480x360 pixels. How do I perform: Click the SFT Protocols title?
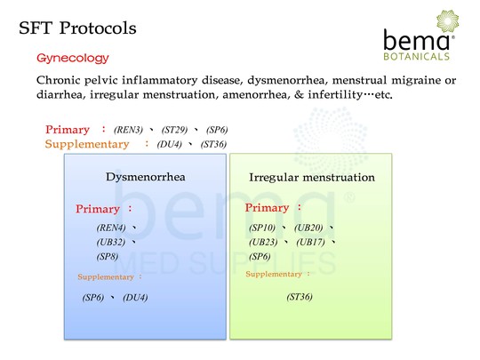pos(77,28)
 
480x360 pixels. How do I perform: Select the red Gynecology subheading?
pos(73,58)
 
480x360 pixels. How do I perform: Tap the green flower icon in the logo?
pos(447,20)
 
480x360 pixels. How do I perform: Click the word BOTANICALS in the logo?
pos(416,56)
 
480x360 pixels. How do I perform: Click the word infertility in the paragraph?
pos(335,94)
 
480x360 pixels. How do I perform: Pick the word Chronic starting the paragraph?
pos(58,80)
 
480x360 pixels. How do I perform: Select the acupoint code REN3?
pos(128,130)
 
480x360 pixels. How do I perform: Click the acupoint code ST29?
pos(174,130)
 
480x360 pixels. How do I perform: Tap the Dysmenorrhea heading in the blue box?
pos(146,177)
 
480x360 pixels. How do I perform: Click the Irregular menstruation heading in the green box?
pos(312,177)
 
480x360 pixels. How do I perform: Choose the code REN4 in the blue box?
pos(111,228)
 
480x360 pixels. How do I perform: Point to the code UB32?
pos(111,242)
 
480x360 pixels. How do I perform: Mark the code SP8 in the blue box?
pos(108,256)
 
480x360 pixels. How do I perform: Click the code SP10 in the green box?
pos(262,228)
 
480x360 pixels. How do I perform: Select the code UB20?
pos(308,228)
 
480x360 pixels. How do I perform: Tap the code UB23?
pos(263,242)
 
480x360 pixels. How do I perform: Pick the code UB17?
pos(310,242)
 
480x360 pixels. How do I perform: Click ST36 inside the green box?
pos(300,297)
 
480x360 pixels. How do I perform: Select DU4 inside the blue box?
pos(135,298)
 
